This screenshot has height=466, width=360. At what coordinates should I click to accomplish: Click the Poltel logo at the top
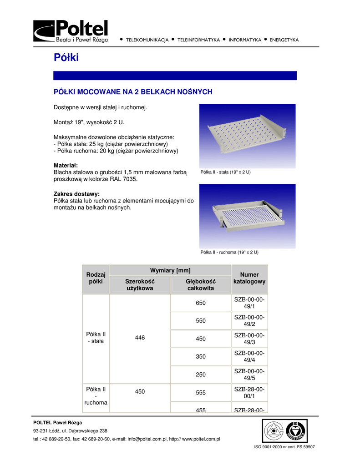(71, 31)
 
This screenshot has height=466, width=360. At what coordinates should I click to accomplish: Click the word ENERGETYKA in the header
(284, 40)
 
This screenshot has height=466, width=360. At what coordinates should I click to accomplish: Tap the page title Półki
(66, 58)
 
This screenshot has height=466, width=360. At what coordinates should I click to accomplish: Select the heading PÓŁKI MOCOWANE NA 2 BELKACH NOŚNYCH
(133, 92)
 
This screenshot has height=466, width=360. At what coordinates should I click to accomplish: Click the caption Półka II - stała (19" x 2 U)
(226, 173)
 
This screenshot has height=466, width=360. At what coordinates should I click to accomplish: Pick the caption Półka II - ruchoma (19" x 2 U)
(229, 252)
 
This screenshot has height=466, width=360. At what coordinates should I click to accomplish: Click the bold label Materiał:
(66, 165)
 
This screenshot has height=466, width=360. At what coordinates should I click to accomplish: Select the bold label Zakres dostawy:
(76, 194)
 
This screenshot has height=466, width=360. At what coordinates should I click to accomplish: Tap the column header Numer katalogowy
(249, 278)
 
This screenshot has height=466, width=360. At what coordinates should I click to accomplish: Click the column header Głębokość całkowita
(201, 285)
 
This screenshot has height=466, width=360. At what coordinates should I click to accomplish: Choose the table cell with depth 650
(201, 303)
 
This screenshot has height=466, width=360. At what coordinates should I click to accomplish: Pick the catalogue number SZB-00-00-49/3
(249, 339)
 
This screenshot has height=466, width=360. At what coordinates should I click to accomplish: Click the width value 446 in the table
(140, 339)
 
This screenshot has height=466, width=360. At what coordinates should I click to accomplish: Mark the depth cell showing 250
(201, 375)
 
